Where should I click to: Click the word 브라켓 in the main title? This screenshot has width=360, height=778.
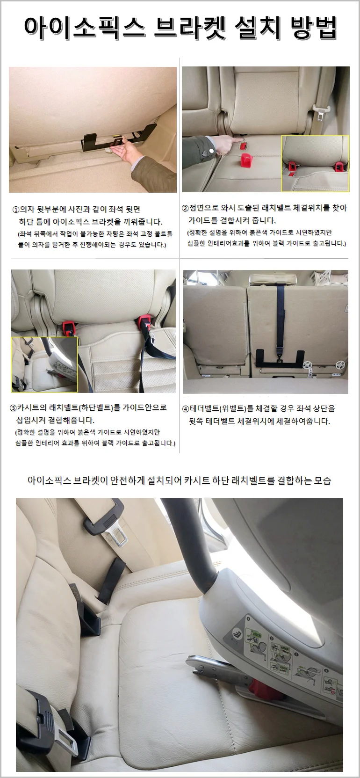(x=189, y=28)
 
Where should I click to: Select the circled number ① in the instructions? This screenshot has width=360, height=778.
(x=16, y=210)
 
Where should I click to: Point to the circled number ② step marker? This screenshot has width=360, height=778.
(x=185, y=208)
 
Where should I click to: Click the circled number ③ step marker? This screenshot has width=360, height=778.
(x=13, y=408)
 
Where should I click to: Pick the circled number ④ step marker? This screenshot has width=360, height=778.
(x=186, y=409)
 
